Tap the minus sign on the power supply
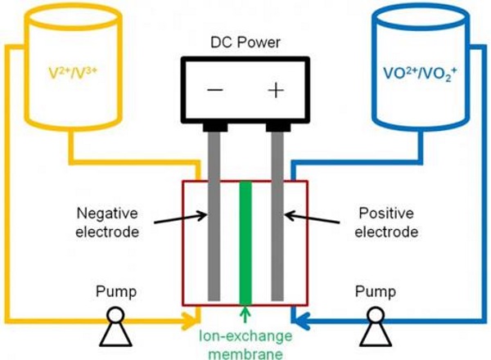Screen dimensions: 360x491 pos(216,90)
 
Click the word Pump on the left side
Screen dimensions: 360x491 pos(115,290)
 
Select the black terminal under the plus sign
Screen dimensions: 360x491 pos(276,126)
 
